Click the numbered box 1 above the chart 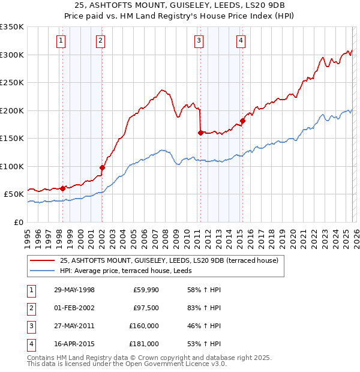point(62,41)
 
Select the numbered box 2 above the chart point(100,41)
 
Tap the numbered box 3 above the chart point(199,41)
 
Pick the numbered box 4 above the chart point(240,41)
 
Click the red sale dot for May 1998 point(62,188)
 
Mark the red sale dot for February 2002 point(101,167)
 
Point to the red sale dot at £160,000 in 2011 point(200,133)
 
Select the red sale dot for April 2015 point(242,121)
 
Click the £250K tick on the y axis point(12,83)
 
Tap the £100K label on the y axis point(12,166)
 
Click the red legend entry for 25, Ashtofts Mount point(169,261)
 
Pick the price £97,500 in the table point(145,308)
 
